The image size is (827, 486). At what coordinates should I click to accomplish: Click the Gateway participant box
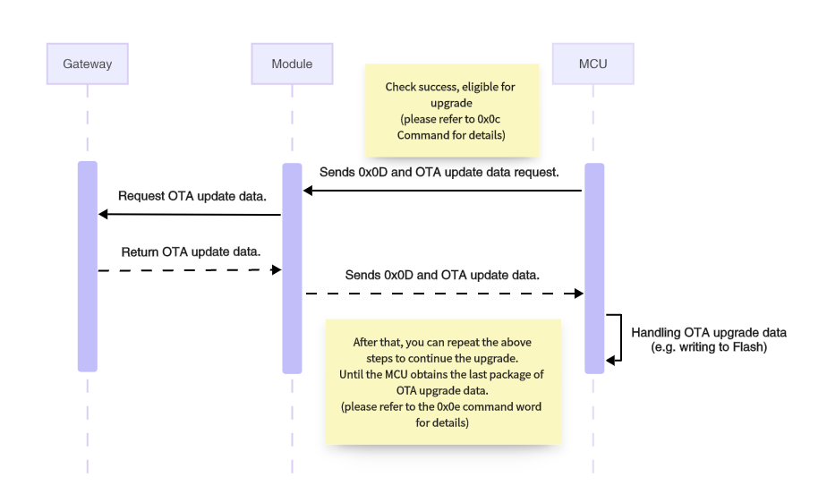click(x=87, y=64)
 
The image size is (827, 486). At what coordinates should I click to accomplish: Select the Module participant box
click(x=292, y=64)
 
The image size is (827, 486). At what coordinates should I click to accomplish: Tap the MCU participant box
click(x=593, y=64)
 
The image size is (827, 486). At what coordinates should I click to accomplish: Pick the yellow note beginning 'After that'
click(x=442, y=381)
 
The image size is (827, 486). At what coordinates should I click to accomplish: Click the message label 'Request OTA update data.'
click(x=192, y=196)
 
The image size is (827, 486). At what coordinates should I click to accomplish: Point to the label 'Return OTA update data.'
click(x=191, y=251)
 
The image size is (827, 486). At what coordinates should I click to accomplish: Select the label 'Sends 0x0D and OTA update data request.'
click(x=439, y=171)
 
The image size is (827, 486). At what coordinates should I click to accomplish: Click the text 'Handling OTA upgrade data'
click(x=708, y=332)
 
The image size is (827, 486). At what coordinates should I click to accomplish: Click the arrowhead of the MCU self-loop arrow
click(x=610, y=360)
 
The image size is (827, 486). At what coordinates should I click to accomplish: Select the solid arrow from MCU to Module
click(x=443, y=190)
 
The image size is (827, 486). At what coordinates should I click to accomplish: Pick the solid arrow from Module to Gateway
click(x=190, y=214)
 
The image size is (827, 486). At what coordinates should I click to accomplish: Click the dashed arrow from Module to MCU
click(x=443, y=294)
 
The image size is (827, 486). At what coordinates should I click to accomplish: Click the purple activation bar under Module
click(x=292, y=269)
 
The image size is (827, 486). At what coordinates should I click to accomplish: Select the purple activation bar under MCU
click(x=593, y=269)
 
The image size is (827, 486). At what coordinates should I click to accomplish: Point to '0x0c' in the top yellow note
click(x=489, y=119)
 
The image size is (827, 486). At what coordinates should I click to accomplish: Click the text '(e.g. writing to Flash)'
click(x=708, y=347)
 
